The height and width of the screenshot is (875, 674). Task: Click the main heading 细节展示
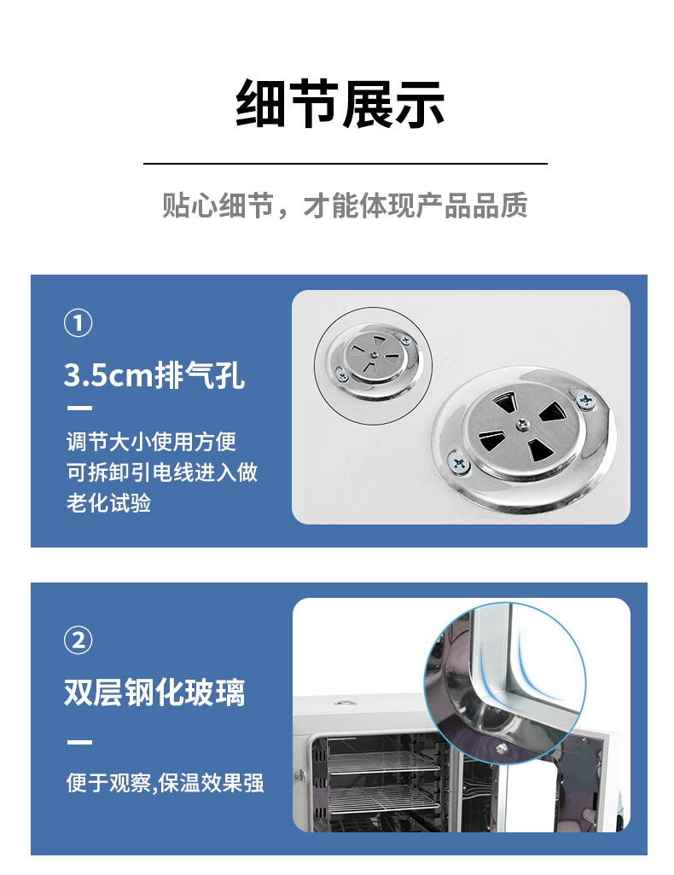click(340, 106)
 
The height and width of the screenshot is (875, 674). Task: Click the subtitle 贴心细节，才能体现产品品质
click(345, 206)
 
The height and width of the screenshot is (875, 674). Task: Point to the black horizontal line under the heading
click(345, 163)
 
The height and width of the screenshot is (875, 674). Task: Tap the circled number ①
click(78, 323)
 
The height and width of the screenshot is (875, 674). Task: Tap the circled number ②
click(78, 639)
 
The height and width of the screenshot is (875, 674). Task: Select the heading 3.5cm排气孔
click(154, 374)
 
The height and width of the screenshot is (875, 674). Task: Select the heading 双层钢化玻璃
click(154, 692)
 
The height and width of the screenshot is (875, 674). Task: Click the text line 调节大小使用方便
click(152, 442)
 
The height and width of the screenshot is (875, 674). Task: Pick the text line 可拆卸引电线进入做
click(162, 472)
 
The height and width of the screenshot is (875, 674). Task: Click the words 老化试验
click(109, 502)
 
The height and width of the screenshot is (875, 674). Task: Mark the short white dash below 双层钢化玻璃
click(79, 742)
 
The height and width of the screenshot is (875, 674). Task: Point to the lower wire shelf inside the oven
click(375, 799)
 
